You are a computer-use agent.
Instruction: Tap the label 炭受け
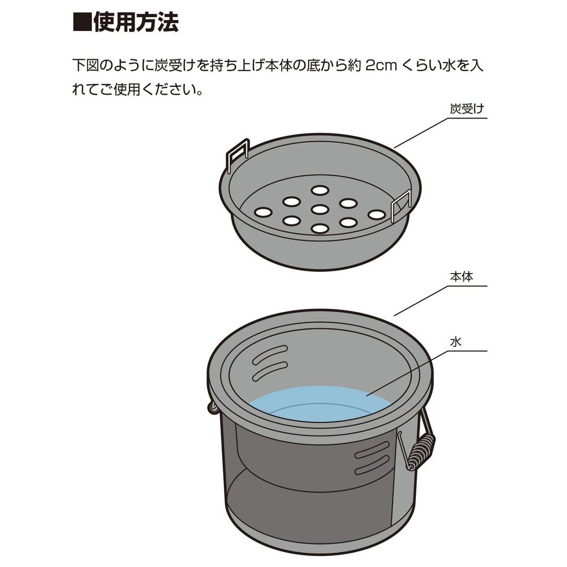point(467,109)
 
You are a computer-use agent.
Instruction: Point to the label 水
point(455,342)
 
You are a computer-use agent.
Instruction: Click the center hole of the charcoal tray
point(319,209)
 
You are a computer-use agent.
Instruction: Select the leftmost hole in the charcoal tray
point(263,212)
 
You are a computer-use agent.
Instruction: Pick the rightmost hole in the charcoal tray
point(377,214)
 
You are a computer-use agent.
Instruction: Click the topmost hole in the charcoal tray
point(319,190)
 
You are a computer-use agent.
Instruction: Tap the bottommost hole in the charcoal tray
point(319,228)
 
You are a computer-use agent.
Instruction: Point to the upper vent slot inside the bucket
point(270,354)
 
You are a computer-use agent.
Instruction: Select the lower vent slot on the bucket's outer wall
point(372,466)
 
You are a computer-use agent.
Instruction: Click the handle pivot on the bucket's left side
point(213,408)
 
